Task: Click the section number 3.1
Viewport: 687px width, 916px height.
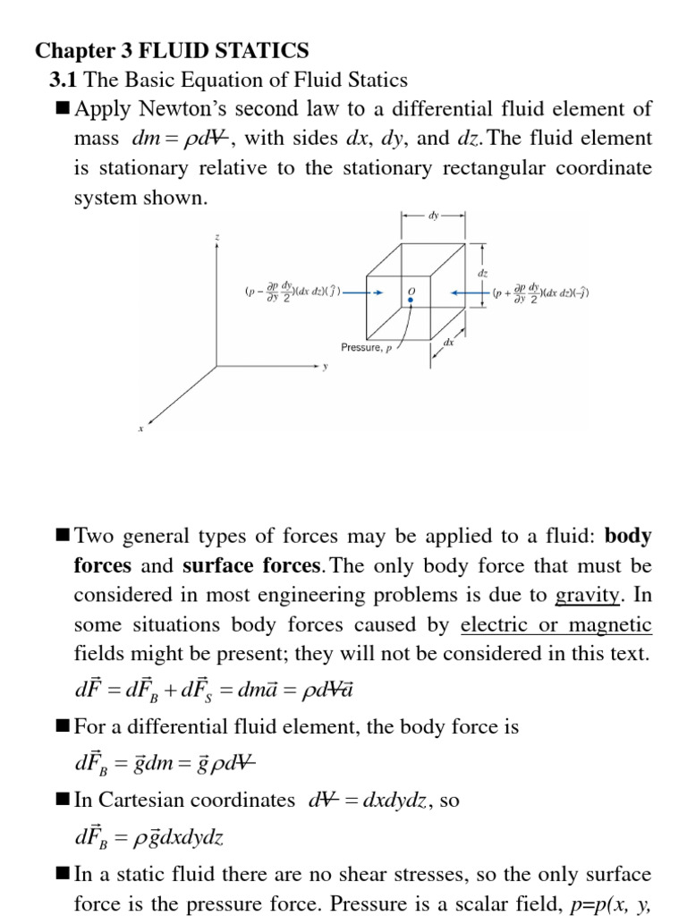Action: [x=64, y=80]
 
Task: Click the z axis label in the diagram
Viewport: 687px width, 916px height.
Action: [x=216, y=236]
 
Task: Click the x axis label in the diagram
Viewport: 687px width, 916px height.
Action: [x=141, y=429]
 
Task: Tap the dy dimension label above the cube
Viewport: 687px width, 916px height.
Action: [x=435, y=216]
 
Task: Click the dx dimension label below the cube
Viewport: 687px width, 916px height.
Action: [x=449, y=341]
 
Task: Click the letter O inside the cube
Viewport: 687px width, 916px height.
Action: [x=411, y=292]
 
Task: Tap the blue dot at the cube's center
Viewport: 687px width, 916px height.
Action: [x=411, y=301]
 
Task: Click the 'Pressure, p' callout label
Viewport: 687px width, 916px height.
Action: [x=367, y=347]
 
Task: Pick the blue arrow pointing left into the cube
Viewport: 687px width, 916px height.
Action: [x=471, y=293]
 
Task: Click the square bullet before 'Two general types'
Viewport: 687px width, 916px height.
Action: [x=63, y=536]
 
